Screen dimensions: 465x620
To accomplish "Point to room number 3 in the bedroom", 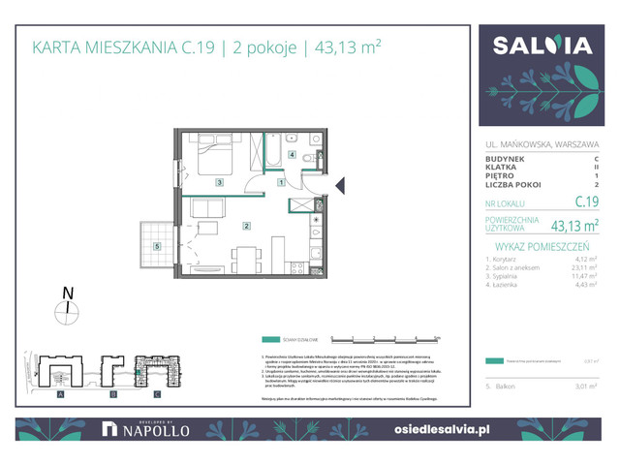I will [x=219, y=182].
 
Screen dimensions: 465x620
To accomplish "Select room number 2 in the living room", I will [x=247, y=227].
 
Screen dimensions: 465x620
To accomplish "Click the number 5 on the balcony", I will [x=157, y=246].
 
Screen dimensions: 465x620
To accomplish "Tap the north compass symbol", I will [x=67, y=309].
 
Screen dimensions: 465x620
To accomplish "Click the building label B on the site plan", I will [x=111, y=395].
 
